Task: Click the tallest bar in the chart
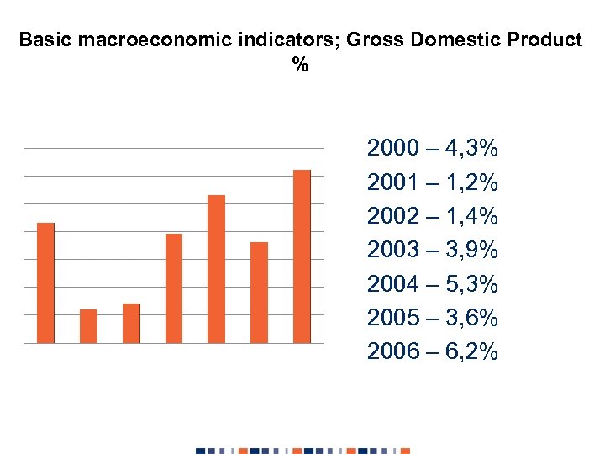click(302, 256)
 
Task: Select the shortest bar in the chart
click(88, 326)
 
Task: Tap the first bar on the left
click(45, 282)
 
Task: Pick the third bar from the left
click(131, 323)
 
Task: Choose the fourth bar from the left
click(174, 288)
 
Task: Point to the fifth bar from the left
click(216, 269)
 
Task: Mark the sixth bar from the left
click(259, 293)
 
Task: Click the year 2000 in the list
click(392, 150)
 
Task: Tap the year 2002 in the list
click(392, 217)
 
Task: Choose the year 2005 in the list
click(392, 318)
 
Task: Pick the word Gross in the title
click(371, 40)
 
